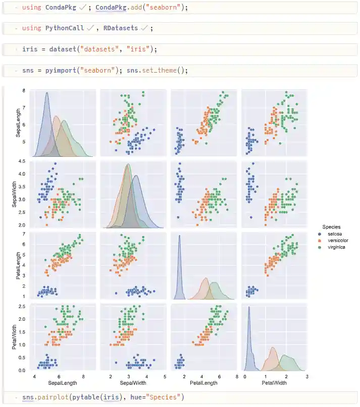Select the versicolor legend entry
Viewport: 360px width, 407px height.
[x=338, y=241]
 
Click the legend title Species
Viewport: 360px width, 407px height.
[x=331, y=227]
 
